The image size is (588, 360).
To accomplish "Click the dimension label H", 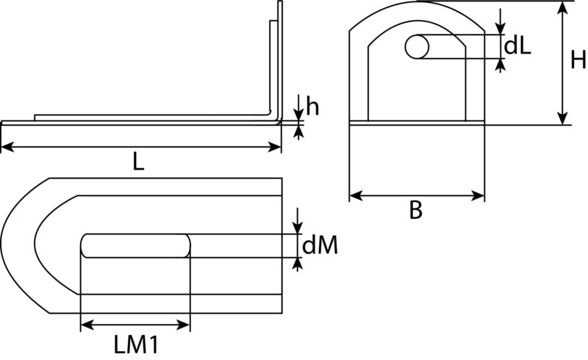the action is pos(578,60).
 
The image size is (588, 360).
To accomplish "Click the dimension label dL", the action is pos(517,46).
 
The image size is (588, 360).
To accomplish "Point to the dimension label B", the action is pos(415,210).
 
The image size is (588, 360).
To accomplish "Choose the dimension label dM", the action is pos(320,245).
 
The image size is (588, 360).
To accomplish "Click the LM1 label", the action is pos(136,345).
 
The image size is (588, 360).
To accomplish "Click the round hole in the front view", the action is pos(417,47).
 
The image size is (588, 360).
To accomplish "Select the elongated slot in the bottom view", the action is pos(135,245).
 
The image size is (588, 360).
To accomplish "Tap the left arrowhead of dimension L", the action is pos(7,147).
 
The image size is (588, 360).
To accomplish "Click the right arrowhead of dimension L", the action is pos(274,147).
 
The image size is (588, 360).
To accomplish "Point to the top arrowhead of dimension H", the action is pos(562,8).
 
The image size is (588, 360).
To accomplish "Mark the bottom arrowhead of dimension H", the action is pos(562,118).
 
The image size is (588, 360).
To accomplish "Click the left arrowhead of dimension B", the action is pos(356,195).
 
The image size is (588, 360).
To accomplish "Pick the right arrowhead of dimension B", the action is pos(478,195).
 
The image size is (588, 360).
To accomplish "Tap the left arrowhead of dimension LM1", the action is pos(87,325).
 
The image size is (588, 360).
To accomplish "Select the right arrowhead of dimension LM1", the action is pos(183,325).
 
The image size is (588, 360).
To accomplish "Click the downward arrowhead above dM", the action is pos(298,228).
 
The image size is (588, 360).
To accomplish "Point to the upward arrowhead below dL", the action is pos(500,65).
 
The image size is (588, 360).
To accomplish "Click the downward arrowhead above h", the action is pos(298,115).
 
